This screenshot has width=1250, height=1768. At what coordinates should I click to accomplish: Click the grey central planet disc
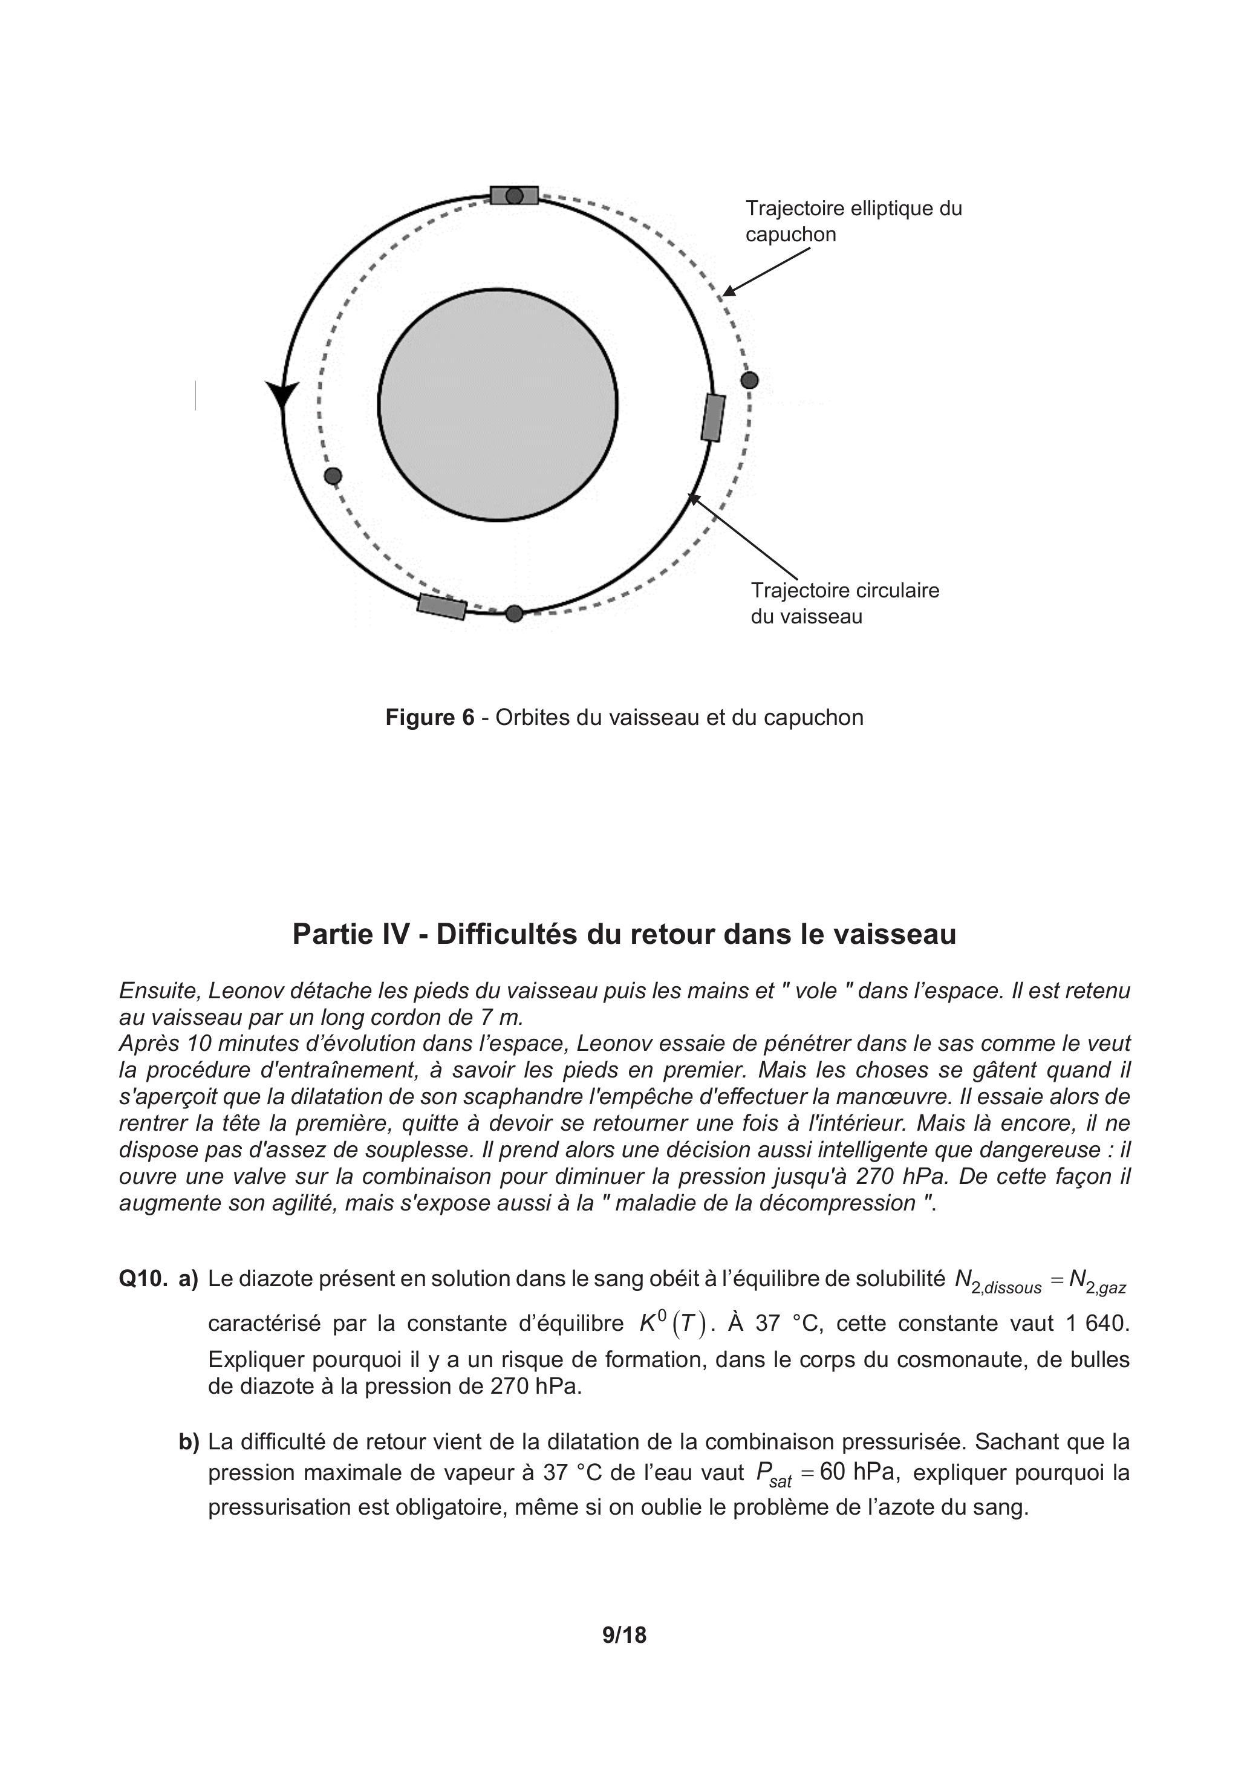[498, 405]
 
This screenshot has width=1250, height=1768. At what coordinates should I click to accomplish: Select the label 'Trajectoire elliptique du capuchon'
[853, 222]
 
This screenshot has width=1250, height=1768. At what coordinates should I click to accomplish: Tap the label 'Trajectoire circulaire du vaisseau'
[844, 603]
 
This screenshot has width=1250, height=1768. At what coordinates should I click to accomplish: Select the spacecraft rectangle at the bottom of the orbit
[442, 607]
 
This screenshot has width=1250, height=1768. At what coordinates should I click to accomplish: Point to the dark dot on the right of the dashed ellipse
[749, 380]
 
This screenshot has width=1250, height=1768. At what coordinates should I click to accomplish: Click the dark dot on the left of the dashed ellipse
[333, 476]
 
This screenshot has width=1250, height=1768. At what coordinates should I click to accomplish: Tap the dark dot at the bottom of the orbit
[515, 613]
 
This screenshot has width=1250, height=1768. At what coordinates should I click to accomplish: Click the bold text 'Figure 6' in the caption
[430, 718]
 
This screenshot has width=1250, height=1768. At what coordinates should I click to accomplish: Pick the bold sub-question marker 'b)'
[189, 1441]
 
